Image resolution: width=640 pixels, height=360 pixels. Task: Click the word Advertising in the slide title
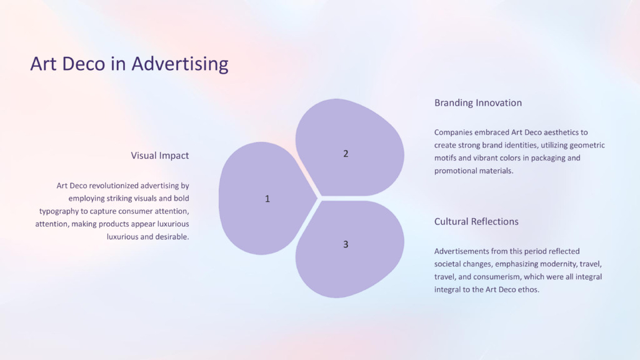tap(180, 64)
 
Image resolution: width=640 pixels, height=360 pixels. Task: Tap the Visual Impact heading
tap(160, 156)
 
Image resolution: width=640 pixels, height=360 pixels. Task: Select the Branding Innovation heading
tap(478, 103)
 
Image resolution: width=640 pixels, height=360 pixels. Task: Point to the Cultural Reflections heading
tap(476, 222)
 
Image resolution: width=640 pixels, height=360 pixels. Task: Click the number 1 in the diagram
tap(267, 199)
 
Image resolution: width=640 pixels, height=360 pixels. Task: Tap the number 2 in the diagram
tap(346, 154)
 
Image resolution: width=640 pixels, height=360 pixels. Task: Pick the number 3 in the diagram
tap(346, 244)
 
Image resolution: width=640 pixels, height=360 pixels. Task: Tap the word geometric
tap(587, 145)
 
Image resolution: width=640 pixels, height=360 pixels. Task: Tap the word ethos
tap(529, 290)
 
